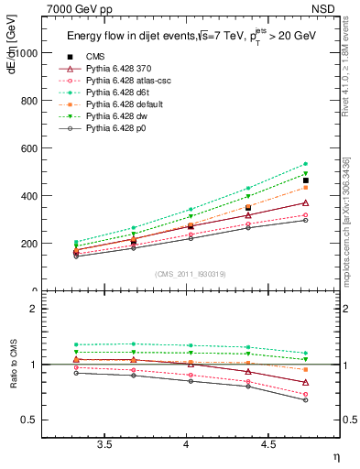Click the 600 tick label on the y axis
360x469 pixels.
click(x=30, y=148)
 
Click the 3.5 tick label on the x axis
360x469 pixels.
click(x=105, y=445)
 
